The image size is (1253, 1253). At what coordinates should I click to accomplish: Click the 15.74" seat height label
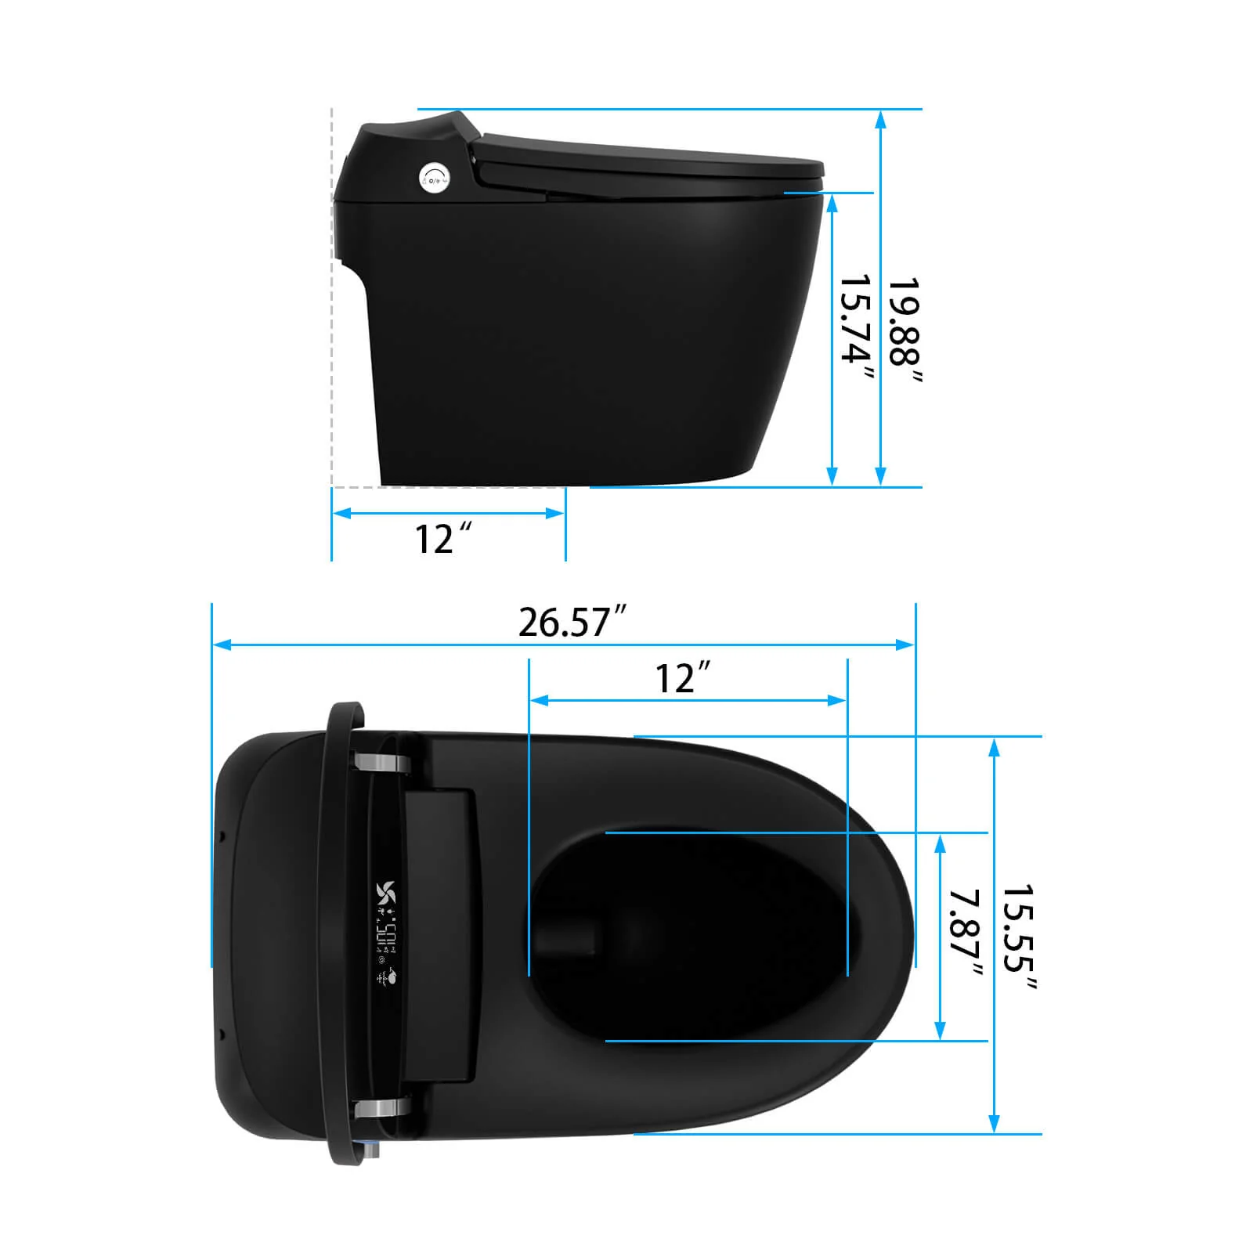[855, 329]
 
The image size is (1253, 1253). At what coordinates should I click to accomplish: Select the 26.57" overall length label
[572, 622]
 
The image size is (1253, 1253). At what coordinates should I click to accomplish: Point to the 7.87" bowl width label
[964, 933]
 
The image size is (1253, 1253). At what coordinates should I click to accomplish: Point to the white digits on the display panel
[386, 932]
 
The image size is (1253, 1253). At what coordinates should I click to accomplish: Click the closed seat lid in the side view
[650, 161]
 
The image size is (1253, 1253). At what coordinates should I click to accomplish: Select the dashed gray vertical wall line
[332, 298]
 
